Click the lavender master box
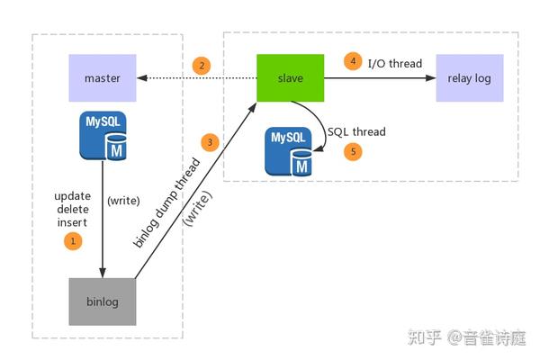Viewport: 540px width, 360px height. pos(103,78)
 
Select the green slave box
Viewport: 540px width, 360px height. pos(290,78)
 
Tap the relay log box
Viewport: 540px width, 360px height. pos(469,78)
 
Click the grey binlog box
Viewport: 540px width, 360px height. pos(103,301)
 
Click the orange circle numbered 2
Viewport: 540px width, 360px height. pos(202,66)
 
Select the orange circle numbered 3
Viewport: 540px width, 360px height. pos(211,142)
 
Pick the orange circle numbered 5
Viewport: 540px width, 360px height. pos(353,152)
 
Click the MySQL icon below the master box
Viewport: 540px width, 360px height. pos(103,136)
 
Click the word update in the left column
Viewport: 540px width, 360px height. pos(73,195)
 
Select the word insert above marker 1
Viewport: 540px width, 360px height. pos(73,222)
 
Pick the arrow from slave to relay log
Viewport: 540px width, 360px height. pos(378,78)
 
